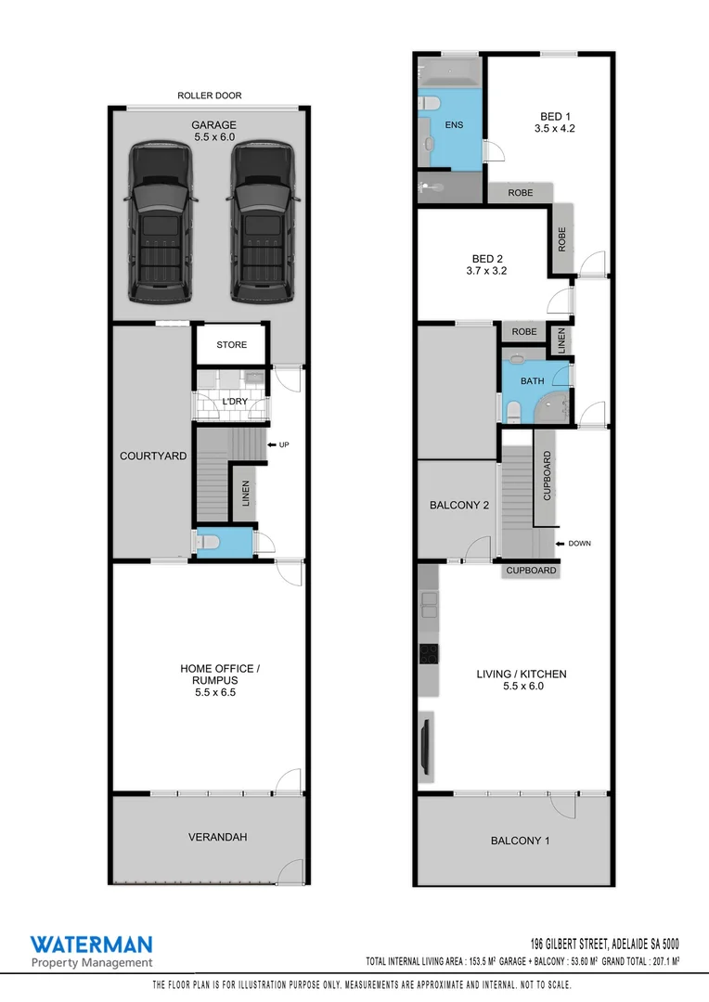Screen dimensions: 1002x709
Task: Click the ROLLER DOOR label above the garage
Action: pyautogui.click(x=210, y=96)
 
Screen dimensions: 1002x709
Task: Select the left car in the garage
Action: pyautogui.click(x=163, y=223)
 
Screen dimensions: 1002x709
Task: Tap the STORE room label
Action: pyautogui.click(x=232, y=345)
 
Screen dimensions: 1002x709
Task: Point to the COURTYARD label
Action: pyautogui.click(x=153, y=456)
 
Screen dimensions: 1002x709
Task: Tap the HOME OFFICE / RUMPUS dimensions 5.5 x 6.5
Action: pyautogui.click(x=210, y=692)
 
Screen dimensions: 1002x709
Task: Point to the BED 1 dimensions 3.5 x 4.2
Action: pyautogui.click(x=554, y=129)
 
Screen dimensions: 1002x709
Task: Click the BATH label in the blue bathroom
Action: pyautogui.click(x=532, y=380)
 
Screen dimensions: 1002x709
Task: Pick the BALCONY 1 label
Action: pyautogui.click(x=520, y=841)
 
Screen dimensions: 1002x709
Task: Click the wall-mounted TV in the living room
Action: pyautogui.click(x=425, y=743)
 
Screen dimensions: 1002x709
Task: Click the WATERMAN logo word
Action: pyautogui.click(x=91, y=945)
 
